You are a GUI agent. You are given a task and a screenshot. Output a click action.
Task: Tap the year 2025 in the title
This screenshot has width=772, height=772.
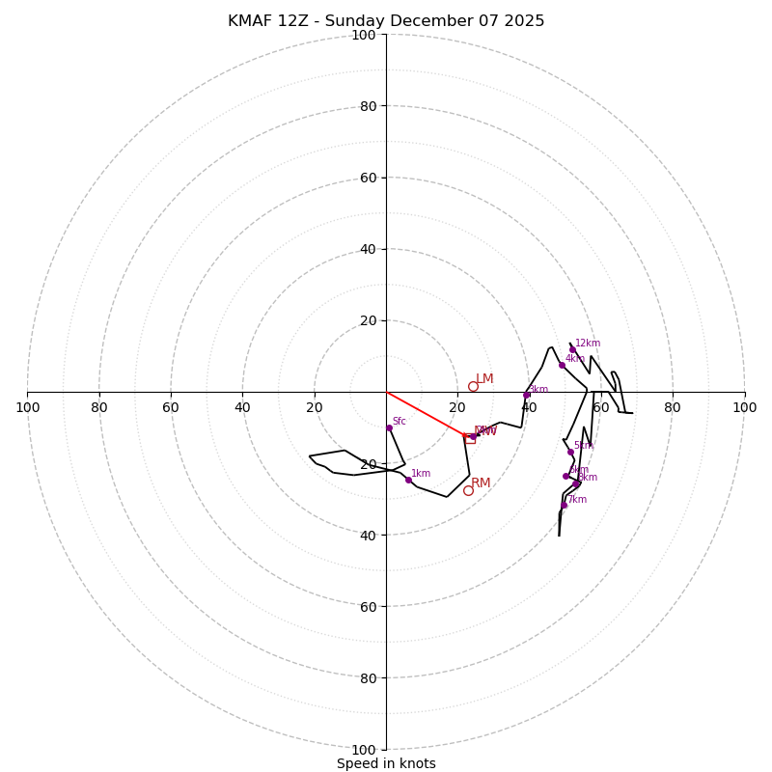click(x=521, y=21)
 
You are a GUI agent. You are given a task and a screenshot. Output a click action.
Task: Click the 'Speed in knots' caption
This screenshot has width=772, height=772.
click(x=386, y=763)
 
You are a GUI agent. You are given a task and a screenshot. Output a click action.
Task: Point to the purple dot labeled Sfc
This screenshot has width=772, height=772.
click(x=389, y=427)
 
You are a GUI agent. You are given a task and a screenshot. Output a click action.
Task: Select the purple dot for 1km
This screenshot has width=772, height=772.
click(x=408, y=480)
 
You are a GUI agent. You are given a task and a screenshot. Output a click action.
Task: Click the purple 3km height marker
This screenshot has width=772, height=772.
click(x=526, y=395)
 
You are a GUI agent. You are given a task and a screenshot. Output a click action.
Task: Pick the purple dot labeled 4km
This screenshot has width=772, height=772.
click(x=562, y=365)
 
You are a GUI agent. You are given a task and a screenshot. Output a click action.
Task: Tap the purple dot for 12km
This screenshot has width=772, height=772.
click(x=572, y=349)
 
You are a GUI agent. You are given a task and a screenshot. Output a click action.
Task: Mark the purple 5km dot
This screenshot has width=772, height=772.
click(x=570, y=452)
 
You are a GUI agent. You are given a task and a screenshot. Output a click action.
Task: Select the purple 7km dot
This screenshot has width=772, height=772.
click(x=564, y=505)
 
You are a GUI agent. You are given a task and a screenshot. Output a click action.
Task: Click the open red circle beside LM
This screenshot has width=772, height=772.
click(x=473, y=386)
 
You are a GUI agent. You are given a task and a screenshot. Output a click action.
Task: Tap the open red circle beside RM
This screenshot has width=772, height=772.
click(x=468, y=490)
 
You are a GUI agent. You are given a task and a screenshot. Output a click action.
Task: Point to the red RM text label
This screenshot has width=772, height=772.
click(x=481, y=482)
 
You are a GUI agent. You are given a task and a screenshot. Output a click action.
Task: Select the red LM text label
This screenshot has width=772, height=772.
click(x=484, y=379)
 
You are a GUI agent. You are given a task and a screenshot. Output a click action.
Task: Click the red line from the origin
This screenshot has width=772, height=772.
click(x=425, y=414)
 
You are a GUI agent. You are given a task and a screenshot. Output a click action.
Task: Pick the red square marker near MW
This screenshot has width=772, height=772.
click(x=470, y=438)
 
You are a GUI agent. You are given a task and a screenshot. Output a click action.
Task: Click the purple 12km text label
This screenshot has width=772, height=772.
click(x=588, y=343)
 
